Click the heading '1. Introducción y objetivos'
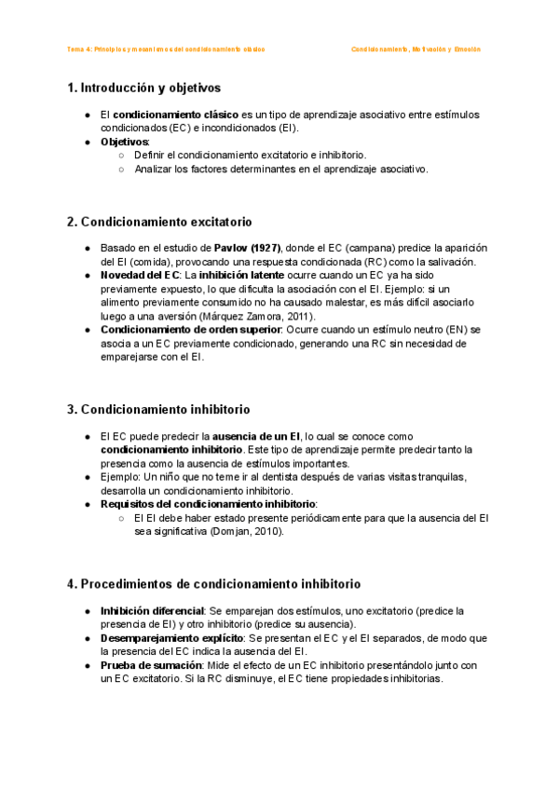point(143,89)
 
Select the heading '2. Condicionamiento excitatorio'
point(158,222)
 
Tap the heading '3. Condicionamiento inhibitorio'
point(157,409)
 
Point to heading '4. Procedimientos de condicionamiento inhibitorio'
point(213,584)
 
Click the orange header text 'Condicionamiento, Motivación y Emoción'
point(416,49)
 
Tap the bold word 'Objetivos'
point(124,142)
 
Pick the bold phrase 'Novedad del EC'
point(140,276)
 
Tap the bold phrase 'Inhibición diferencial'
point(152,611)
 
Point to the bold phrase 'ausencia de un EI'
point(256,436)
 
